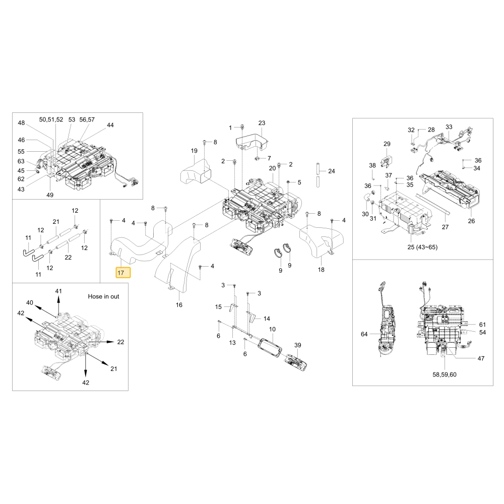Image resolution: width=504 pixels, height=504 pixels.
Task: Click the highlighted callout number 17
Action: pos(121,273)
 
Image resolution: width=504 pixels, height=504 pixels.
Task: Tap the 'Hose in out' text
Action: pos(103,296)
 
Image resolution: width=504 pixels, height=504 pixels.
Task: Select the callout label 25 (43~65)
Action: pos(422,247)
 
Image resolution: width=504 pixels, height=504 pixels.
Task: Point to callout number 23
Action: pos(262,123)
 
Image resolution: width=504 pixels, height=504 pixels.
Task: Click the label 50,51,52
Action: pos(51,119)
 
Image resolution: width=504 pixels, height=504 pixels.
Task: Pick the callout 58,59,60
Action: pos(445,374)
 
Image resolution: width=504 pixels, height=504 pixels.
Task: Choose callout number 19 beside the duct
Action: pos(194,151)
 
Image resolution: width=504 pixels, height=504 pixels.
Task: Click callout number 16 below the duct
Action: pos(179,305)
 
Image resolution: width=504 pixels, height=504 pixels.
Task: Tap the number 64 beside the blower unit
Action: pos(364,334)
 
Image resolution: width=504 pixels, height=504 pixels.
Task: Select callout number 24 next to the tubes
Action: pos(332,171)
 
